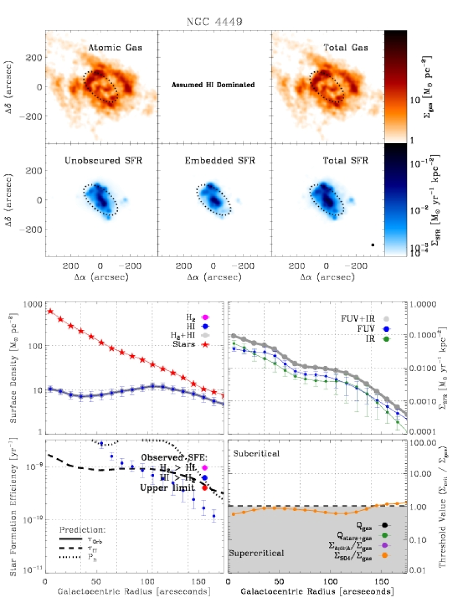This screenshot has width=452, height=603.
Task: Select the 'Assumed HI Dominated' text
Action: [x=213, y=85]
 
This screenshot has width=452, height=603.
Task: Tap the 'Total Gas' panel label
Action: [x=344, y=48]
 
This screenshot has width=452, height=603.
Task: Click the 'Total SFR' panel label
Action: [x=345, y=161]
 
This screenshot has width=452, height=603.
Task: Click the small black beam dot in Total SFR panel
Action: [x=372, y=245]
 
